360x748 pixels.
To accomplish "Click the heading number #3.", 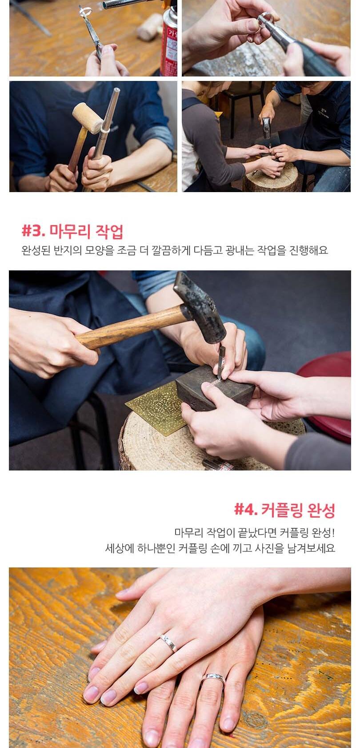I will [33, 231].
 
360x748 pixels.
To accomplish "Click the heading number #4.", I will [246, 510].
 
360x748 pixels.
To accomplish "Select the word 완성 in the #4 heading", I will [321, 510].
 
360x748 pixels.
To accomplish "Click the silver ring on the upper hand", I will [168, 642].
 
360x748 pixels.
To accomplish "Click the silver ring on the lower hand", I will [213, 678].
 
